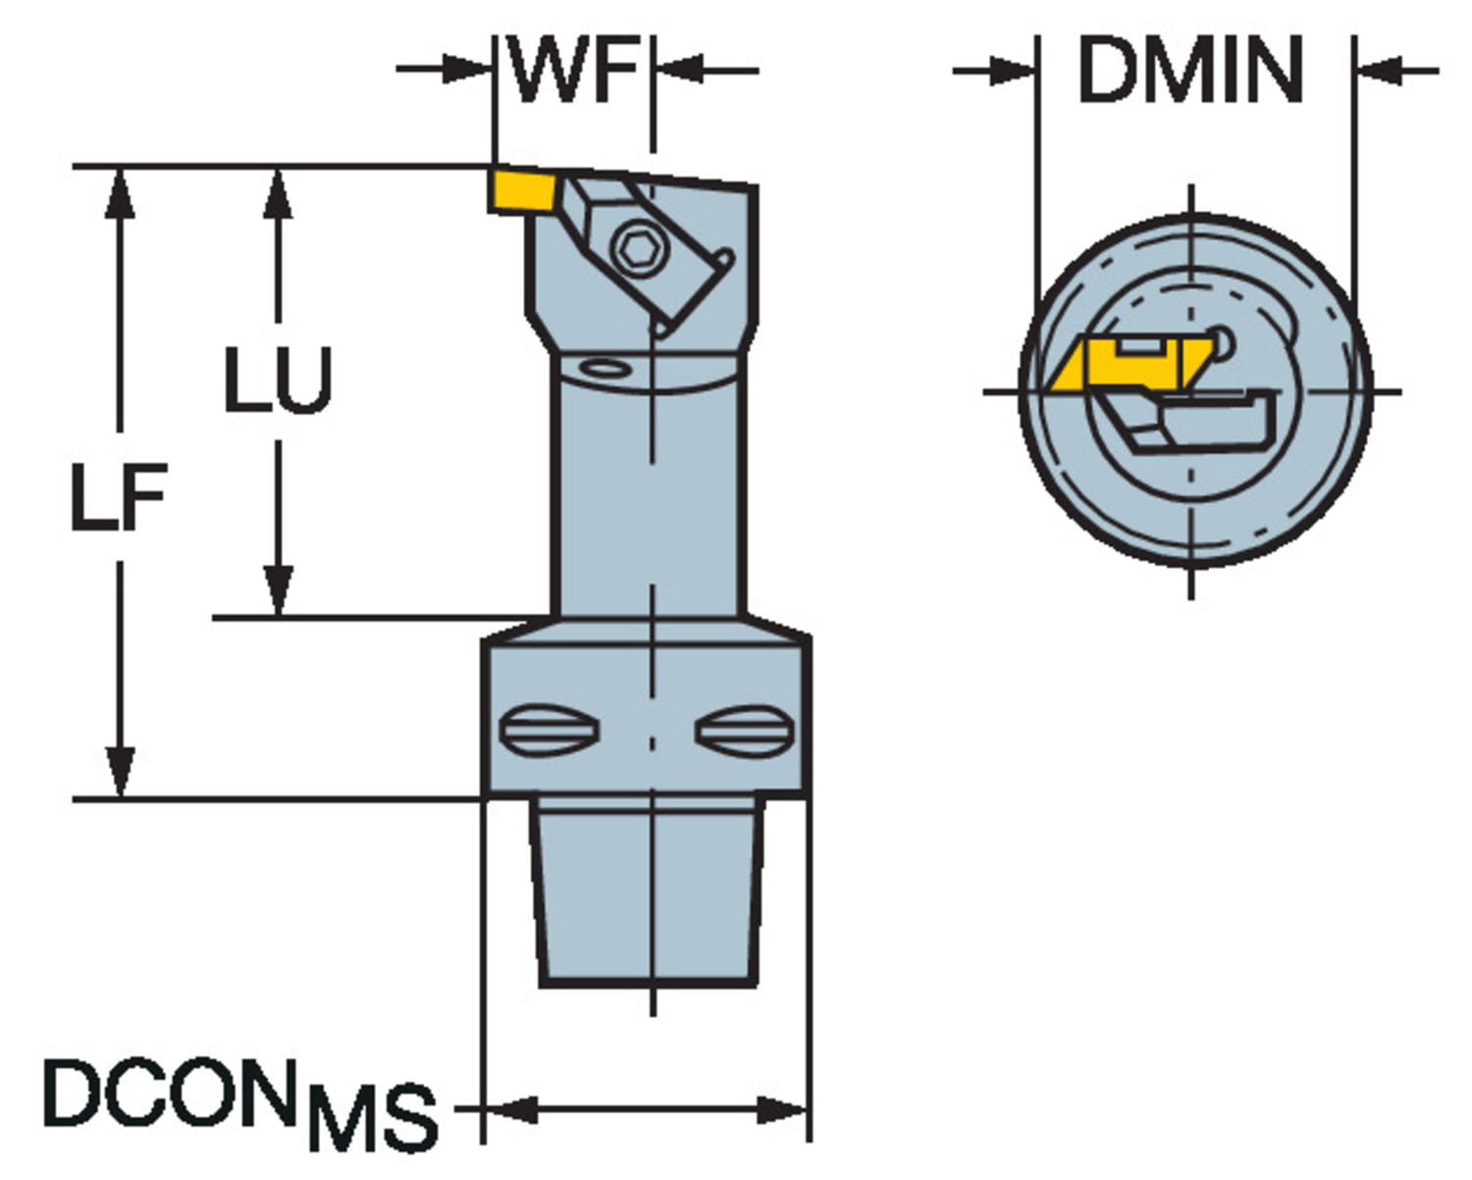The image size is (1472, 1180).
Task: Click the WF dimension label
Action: coord(574,71)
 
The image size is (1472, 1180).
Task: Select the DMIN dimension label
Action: coord(1190,71)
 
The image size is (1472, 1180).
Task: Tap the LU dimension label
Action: coord(279,380)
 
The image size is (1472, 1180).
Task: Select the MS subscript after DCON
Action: coord(373,1117)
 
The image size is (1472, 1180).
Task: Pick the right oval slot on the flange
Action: coord(746,730)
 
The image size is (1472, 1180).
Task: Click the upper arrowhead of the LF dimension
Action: coord(121,191)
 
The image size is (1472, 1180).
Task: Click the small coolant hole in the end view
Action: coord(1223,339)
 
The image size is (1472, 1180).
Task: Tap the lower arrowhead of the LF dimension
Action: coord(121,775)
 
